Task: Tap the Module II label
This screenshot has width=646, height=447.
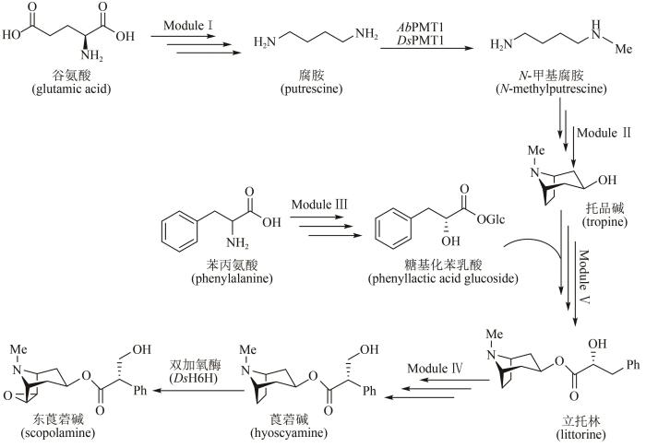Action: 601,135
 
